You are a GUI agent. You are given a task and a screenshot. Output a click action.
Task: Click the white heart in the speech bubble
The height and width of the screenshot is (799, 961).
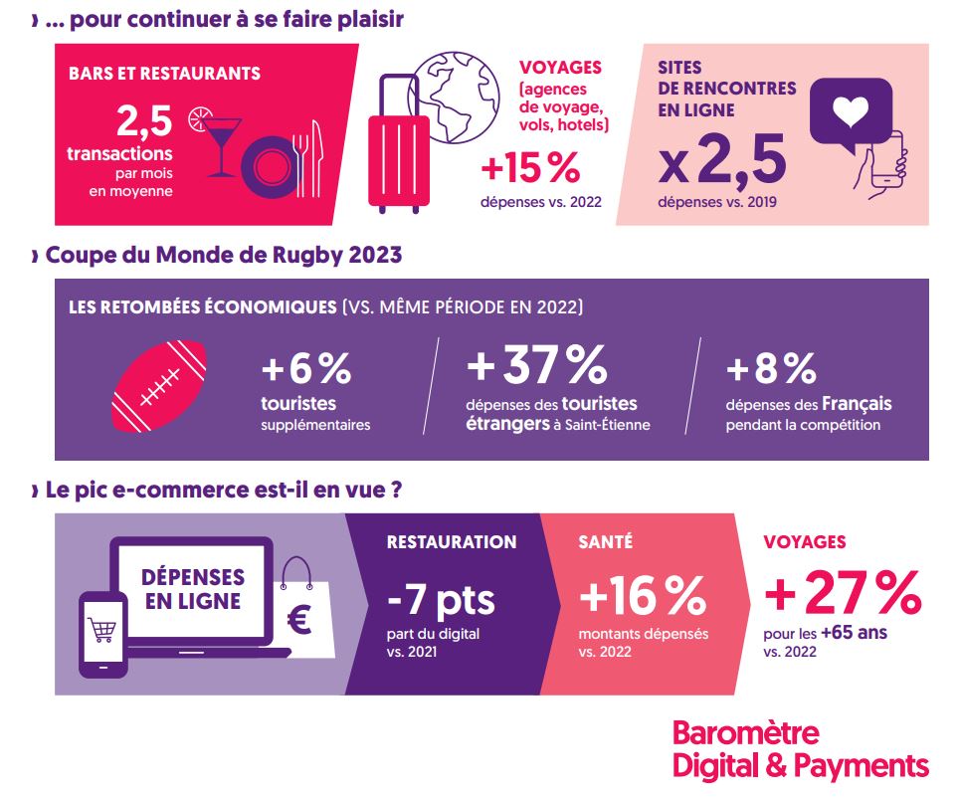click(x=850, y=114)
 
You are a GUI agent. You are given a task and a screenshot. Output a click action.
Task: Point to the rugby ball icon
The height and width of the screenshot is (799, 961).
click(x=159, y=387)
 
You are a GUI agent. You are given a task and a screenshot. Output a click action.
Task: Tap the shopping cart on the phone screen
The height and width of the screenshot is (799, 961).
click(x=102, y=629)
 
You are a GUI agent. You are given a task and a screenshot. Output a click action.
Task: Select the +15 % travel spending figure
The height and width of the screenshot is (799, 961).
click(x=529, y=168)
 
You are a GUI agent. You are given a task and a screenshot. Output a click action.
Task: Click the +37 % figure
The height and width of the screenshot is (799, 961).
click(x=536, y=365)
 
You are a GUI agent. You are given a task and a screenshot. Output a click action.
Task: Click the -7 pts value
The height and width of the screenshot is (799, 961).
click(x=440, y=600)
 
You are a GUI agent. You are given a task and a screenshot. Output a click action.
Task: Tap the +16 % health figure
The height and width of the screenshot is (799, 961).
click(x=641, y=597)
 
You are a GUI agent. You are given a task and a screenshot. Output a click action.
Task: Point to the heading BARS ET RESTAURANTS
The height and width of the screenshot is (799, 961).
click(x=165, y=74)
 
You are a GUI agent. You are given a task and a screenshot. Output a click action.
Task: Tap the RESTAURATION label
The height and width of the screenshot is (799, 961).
click(x=451, y=542)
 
